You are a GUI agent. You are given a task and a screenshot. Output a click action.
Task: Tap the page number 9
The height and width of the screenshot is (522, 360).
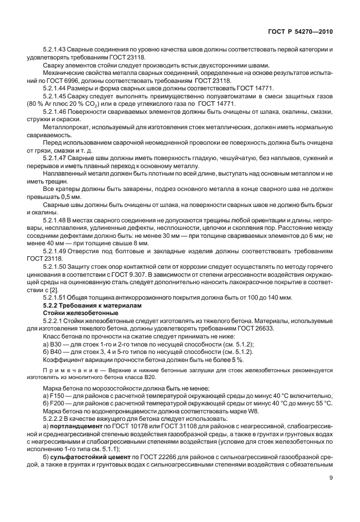[332, 495]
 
